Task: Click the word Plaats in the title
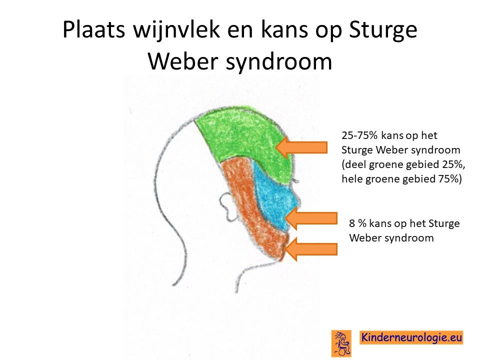[94, 30]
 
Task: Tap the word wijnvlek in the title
[177, 29]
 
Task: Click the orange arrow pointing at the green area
[301, 147]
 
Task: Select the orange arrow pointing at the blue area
[311, 218]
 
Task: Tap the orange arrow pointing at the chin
[311, 249]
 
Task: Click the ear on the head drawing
[228, 205]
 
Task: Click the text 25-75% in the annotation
[359, 135]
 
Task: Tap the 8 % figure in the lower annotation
[357, 223]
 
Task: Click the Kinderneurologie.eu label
[411, 337]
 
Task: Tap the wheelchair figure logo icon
[341, 343]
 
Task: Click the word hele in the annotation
[351, 178]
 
